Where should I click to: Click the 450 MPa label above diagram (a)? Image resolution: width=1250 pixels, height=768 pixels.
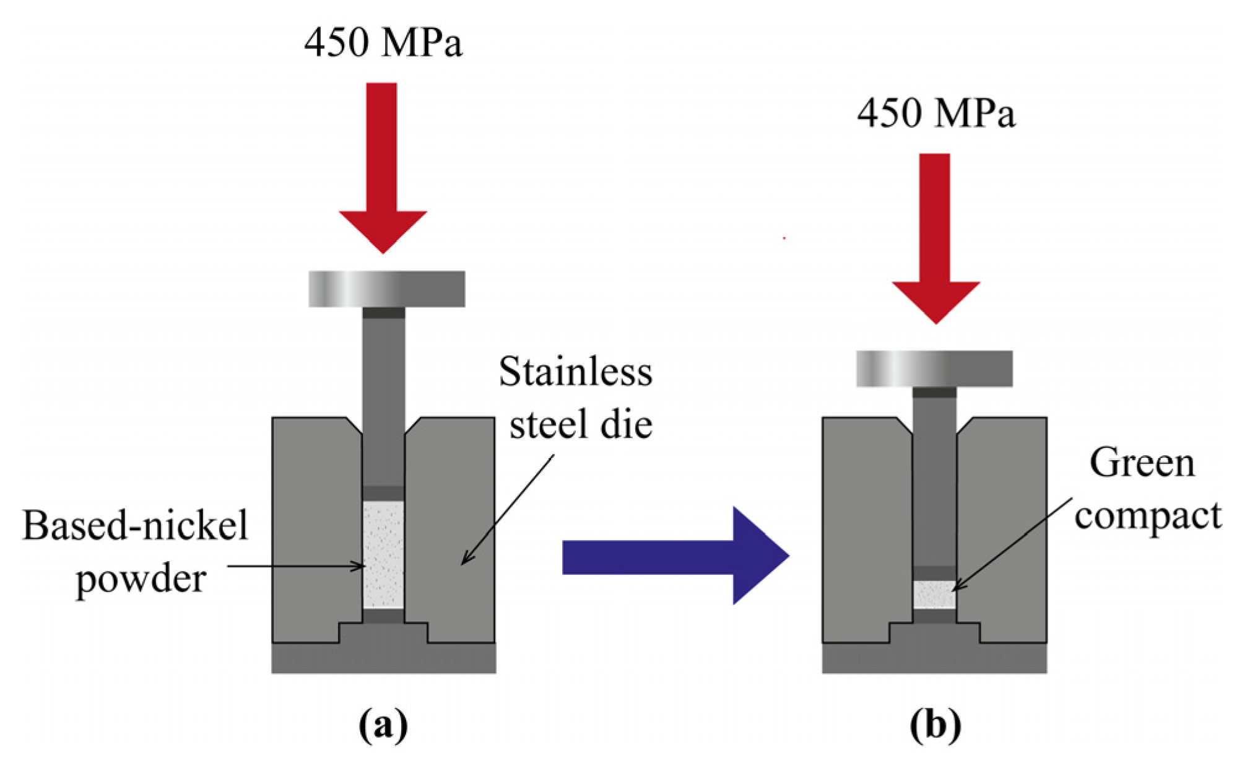(x=383, y=43)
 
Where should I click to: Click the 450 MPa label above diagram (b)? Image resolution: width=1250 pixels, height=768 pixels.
(x=935, y=114)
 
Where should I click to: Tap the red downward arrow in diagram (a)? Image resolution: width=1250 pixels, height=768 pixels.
(x=383, y=167)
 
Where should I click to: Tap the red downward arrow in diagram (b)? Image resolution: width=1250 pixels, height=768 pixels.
(x=935, y=238)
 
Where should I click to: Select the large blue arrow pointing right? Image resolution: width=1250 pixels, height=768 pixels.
(x=675, y=556)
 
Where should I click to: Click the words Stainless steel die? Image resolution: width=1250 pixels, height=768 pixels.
(x=576, y=398)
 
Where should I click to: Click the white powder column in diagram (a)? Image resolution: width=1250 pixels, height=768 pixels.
(x=383, y=554)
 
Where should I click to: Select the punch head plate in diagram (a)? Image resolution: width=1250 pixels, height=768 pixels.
(x=386, y=289)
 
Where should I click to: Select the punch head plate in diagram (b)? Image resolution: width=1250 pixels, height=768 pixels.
(x=934, y=369)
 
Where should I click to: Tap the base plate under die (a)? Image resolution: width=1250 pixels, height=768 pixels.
(x=383, y=658)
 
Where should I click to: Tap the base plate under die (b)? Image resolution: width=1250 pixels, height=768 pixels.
(x=934, y=658)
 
